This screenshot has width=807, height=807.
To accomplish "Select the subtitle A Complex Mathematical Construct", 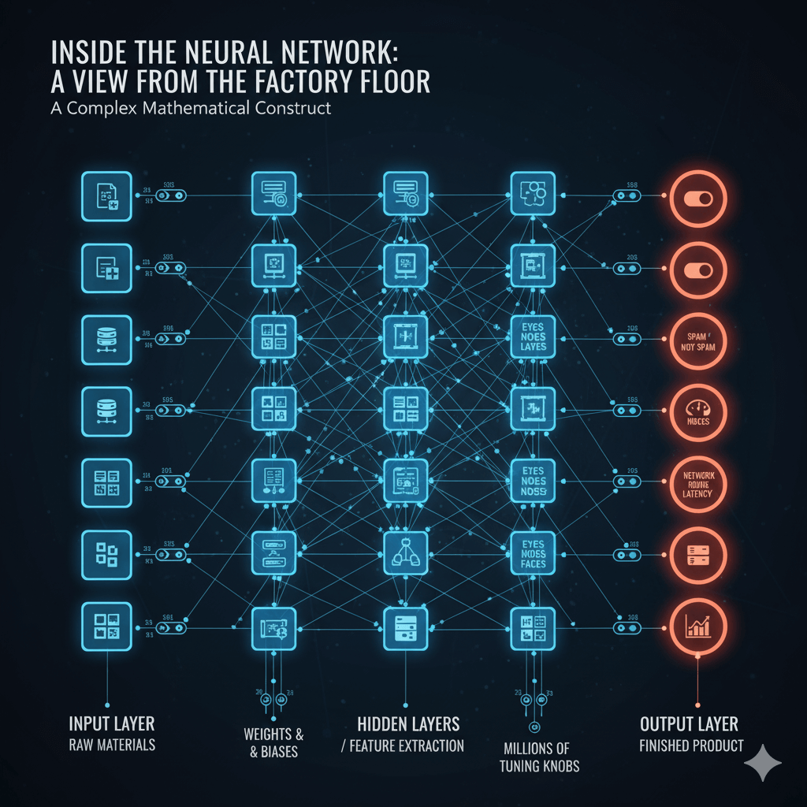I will (x=191, y=108).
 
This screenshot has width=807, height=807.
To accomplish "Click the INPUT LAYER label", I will (x=111, y=723).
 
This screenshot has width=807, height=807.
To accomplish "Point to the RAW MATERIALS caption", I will (x=111, y=745).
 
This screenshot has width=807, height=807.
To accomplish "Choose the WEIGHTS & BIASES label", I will (x=273, y=742).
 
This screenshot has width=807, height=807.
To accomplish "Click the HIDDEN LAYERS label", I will (x=408, y=723).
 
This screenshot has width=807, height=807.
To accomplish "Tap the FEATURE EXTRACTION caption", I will (x=403, y=746).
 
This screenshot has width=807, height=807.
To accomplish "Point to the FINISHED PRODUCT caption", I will (x=691, y=745).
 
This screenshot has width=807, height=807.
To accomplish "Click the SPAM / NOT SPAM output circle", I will (x=697, y=341).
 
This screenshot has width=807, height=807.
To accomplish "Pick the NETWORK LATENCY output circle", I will (x=697, y=482).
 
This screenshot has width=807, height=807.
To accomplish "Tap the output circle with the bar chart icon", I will (x=697, y=627).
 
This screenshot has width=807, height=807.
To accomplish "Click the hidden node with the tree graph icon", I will (x=405, y=554).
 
